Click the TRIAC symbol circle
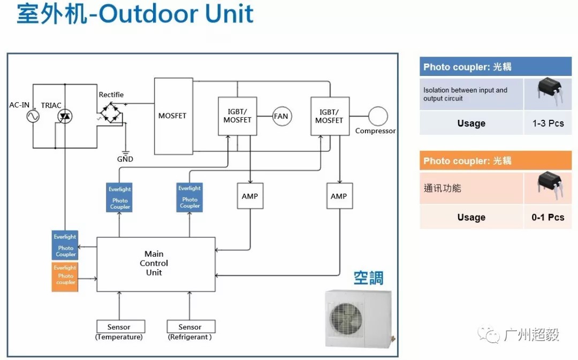click(65, 116)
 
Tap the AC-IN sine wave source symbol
click(33, 116)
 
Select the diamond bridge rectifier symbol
click(111, 113)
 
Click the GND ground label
click(125, 159)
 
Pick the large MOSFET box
click(173, 116)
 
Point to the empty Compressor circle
click(378, 116)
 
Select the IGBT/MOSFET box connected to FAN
click(238, 116)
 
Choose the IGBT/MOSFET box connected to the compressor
click(330, 116)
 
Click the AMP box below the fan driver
click(250, 196)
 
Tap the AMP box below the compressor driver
click(339, 196)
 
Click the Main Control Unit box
click(156, 264)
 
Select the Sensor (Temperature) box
click(119, 327)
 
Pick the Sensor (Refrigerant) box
click(191, 327)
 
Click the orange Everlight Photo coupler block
click(65, 276)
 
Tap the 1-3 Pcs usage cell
click(548, 123)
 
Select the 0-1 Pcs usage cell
click(548, 217)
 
